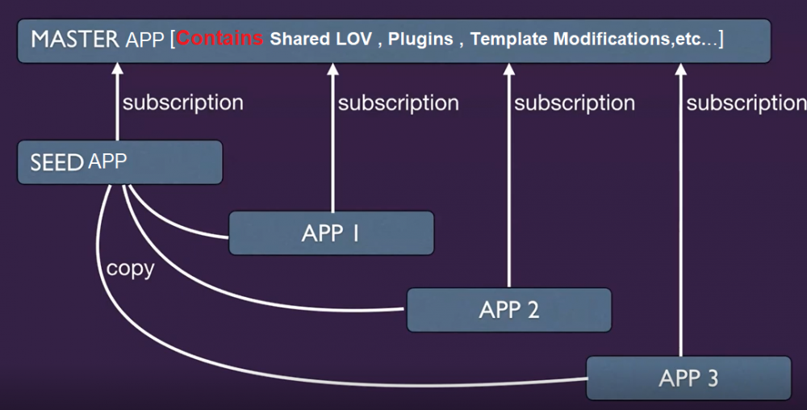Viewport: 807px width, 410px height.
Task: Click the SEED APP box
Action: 119,162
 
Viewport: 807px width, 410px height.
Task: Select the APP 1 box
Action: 331,233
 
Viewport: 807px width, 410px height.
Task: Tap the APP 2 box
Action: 508,310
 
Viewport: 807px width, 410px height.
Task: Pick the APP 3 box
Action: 688,378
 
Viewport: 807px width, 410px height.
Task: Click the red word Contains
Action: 220,39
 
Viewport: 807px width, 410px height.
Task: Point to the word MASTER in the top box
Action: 74,39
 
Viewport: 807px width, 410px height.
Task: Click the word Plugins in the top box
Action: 420,39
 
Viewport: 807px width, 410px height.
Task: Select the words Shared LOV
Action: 320,39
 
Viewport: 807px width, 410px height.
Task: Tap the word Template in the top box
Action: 509,39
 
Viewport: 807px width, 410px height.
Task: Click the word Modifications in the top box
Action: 611,39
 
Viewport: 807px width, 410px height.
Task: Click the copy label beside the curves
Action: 130,268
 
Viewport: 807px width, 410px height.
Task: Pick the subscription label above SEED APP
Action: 182,103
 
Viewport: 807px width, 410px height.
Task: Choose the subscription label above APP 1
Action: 398,103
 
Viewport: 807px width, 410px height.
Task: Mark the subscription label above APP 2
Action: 575,103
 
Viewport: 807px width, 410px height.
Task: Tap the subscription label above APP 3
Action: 746,103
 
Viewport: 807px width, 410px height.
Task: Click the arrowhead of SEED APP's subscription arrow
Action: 117,69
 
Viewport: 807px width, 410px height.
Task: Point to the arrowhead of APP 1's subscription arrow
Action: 332,69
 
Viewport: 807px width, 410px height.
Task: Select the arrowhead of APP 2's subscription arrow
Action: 508,69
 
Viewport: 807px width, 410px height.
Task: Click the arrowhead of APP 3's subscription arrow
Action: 680,69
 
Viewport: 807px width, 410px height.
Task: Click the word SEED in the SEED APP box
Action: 56,162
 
